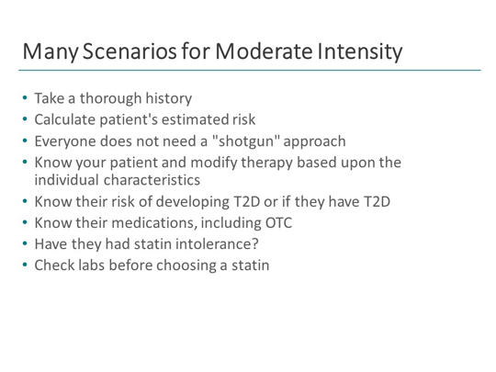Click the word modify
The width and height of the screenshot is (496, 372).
218,162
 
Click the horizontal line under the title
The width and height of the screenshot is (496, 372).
248,71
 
